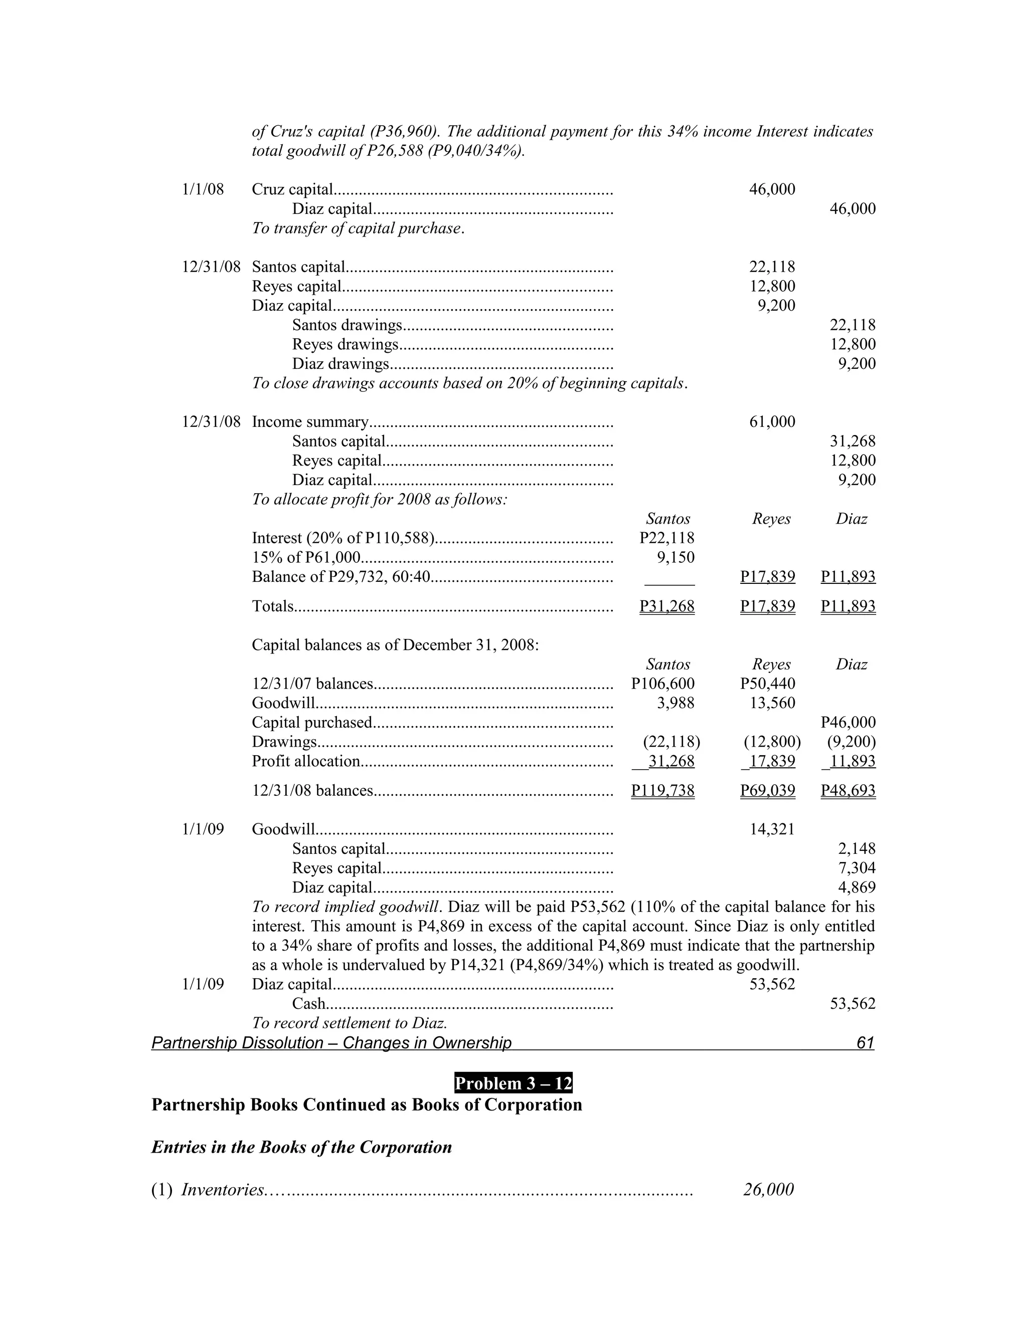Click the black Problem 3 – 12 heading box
(x=513, y=1083)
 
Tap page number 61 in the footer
(x=865, y=1043)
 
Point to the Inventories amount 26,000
(x=768, y=1189)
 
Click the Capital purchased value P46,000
(x=847, y=722)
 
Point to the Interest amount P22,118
(x=667, y=538)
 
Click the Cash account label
(x=308, y=1003)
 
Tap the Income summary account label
(x=310, y=421)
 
